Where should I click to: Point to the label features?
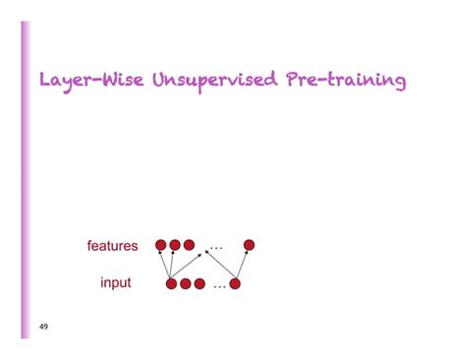[x=113, y=246]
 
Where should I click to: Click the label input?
[x=116, y=283]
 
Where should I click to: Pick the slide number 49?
[x=43, y=326]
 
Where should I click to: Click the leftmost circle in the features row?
[x=160, y=245]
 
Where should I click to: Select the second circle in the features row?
[x=175, y=245]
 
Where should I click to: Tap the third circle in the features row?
[x=189, y=245]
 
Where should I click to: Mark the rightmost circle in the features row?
[x=249, y=245]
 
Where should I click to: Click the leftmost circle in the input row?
[x=171, y=284]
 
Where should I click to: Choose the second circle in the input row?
[x=185, y=284]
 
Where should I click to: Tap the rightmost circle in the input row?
[x=235, y=284]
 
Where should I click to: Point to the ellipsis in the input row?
[x=218, y=286]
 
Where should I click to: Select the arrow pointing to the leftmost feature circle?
[x=165, y=265]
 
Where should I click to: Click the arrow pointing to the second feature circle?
[x=173, y=264]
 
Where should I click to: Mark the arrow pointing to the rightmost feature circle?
[x=242, y=265]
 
